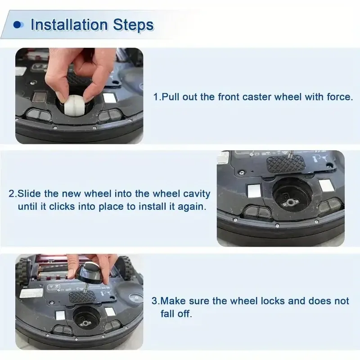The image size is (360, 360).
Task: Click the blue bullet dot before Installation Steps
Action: click(18, 25)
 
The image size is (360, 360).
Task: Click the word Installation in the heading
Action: click(69, 25)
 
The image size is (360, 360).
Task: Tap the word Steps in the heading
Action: click(133, 25)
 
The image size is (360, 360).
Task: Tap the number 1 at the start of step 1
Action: click(156, 97)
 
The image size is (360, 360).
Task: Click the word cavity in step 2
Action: click(197, 193)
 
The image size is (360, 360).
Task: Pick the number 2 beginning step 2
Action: click(12, 193)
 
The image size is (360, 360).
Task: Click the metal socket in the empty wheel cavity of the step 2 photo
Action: click(290, 202)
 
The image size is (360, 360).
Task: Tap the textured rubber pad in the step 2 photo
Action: click(285, 164)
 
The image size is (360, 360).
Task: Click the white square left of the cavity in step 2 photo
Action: click(254, 190)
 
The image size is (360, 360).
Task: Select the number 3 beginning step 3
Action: click(154, 301)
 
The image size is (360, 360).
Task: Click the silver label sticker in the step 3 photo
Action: click(31, 293)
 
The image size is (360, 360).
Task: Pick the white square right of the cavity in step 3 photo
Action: click(110, 312)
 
